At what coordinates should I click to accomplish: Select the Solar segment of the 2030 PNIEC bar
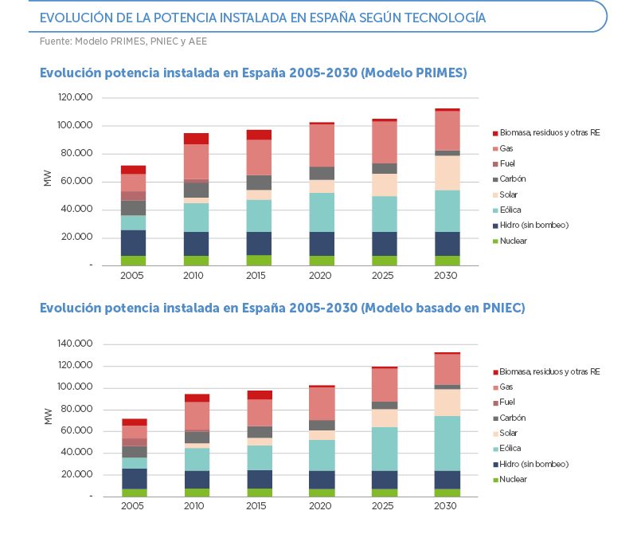447,403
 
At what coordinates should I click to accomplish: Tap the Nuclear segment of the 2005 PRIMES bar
134,260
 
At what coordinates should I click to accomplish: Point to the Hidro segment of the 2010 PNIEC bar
197,480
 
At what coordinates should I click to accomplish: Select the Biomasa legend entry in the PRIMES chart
550,132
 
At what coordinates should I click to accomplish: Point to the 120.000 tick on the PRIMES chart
76,97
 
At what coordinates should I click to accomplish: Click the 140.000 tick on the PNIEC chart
76,344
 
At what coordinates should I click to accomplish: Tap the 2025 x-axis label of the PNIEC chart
384,507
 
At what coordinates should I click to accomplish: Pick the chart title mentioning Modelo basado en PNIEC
282,308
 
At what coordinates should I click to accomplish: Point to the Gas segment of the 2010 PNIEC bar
197,415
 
